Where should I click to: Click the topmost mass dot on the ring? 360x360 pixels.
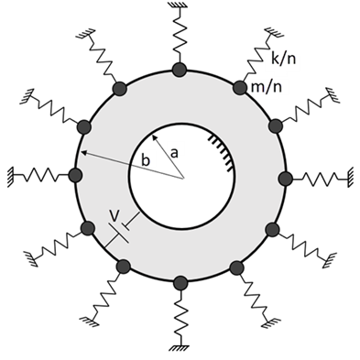[180, 71]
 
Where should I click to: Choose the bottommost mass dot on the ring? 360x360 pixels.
[180, 283]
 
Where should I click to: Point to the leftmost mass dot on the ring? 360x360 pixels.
[75, 175]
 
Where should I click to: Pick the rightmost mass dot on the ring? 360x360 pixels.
[286, 178]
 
